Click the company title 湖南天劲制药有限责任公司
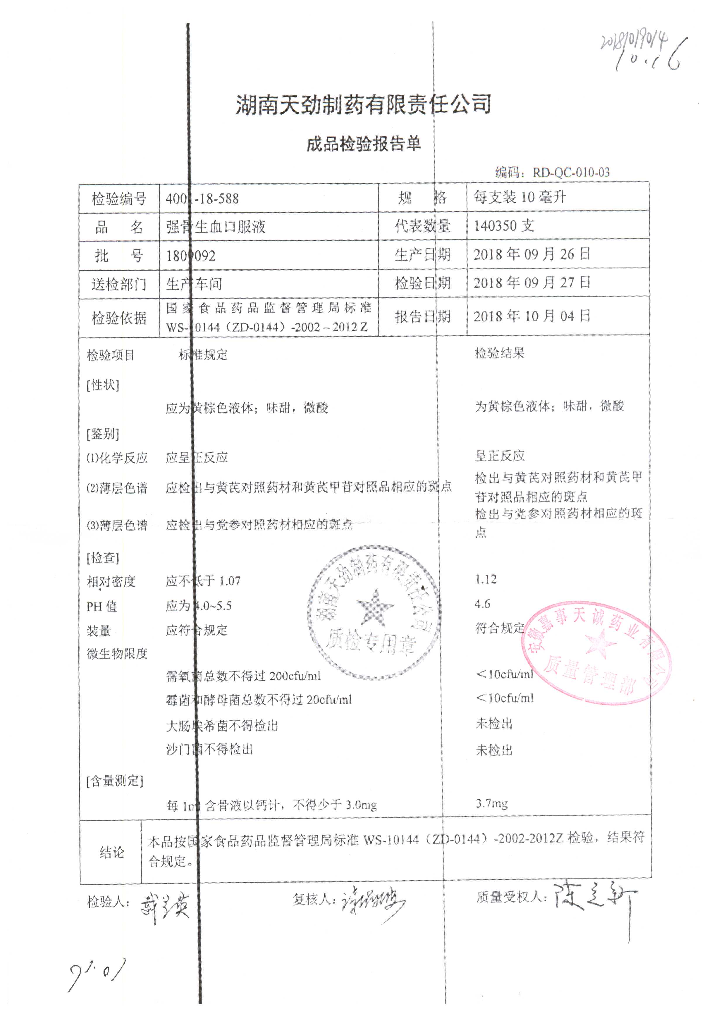363,105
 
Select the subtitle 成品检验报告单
363,144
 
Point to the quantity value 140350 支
504,226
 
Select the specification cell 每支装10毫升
520,197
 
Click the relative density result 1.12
486,579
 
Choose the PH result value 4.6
482,604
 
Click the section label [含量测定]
115,781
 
